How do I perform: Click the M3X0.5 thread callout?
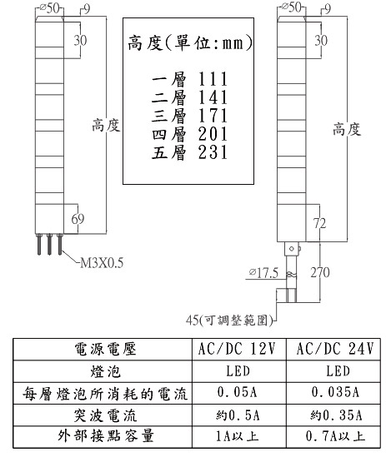[102, 262]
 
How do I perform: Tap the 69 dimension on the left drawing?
[78, 219]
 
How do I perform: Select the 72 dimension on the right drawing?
[319, 223]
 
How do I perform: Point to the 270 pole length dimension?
[320, 272]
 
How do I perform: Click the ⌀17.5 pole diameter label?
[264, 273]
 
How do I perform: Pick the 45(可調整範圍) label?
[229, 320]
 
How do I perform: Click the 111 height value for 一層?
[213, 79]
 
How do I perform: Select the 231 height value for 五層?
[213, 152]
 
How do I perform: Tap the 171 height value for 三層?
[213, 116]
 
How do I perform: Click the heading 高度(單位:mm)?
[190, 43]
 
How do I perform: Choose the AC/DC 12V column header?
[237, 349]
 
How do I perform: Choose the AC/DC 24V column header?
[335, 349]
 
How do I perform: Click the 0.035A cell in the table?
[335, 392]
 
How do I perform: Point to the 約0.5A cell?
[238, 415]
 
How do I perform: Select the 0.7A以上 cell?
[335, 436]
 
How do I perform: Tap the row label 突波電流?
[105, 415]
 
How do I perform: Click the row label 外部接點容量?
[106, 436]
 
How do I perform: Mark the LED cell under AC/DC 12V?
[238, 371]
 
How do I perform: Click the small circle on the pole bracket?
[291, 249]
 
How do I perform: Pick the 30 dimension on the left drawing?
[80, 40]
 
